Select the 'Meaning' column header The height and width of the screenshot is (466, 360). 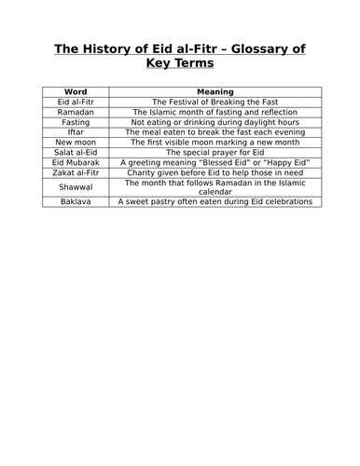point(215,91)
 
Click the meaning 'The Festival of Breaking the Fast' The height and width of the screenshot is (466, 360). point(215,102)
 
